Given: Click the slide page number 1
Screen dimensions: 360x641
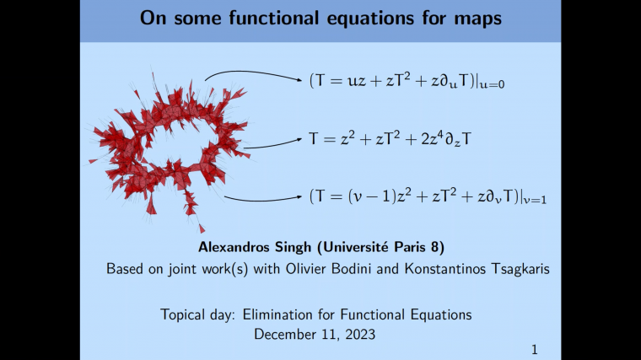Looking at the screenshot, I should coord(534,348).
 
